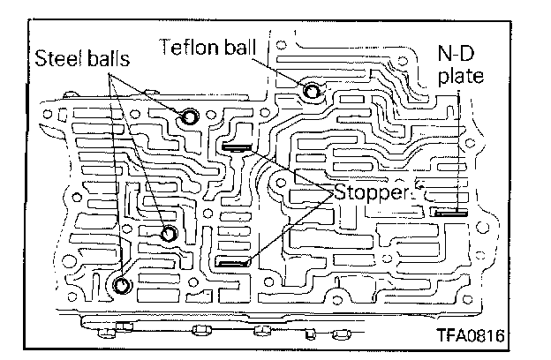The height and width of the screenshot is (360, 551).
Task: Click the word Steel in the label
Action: point(56,58)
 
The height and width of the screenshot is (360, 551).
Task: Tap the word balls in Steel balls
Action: point(105,58)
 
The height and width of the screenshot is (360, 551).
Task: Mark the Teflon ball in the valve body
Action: point(311,90)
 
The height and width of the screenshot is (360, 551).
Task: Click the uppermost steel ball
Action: point(189,117)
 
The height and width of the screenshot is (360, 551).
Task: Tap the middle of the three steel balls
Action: point(168,233)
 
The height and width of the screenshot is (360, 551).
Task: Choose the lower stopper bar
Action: point(234,262)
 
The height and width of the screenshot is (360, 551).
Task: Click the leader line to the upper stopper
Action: point(287,169)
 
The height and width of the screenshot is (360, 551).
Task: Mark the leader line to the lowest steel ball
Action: point(120,176)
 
